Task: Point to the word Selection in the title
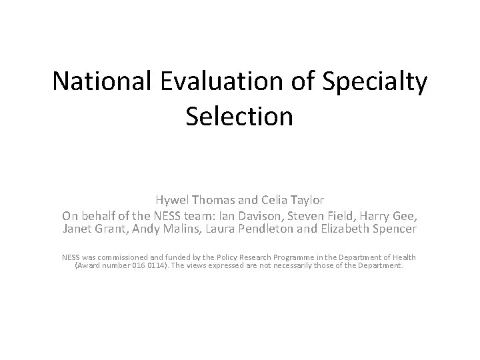(240, 116)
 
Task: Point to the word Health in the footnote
(403, 257)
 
